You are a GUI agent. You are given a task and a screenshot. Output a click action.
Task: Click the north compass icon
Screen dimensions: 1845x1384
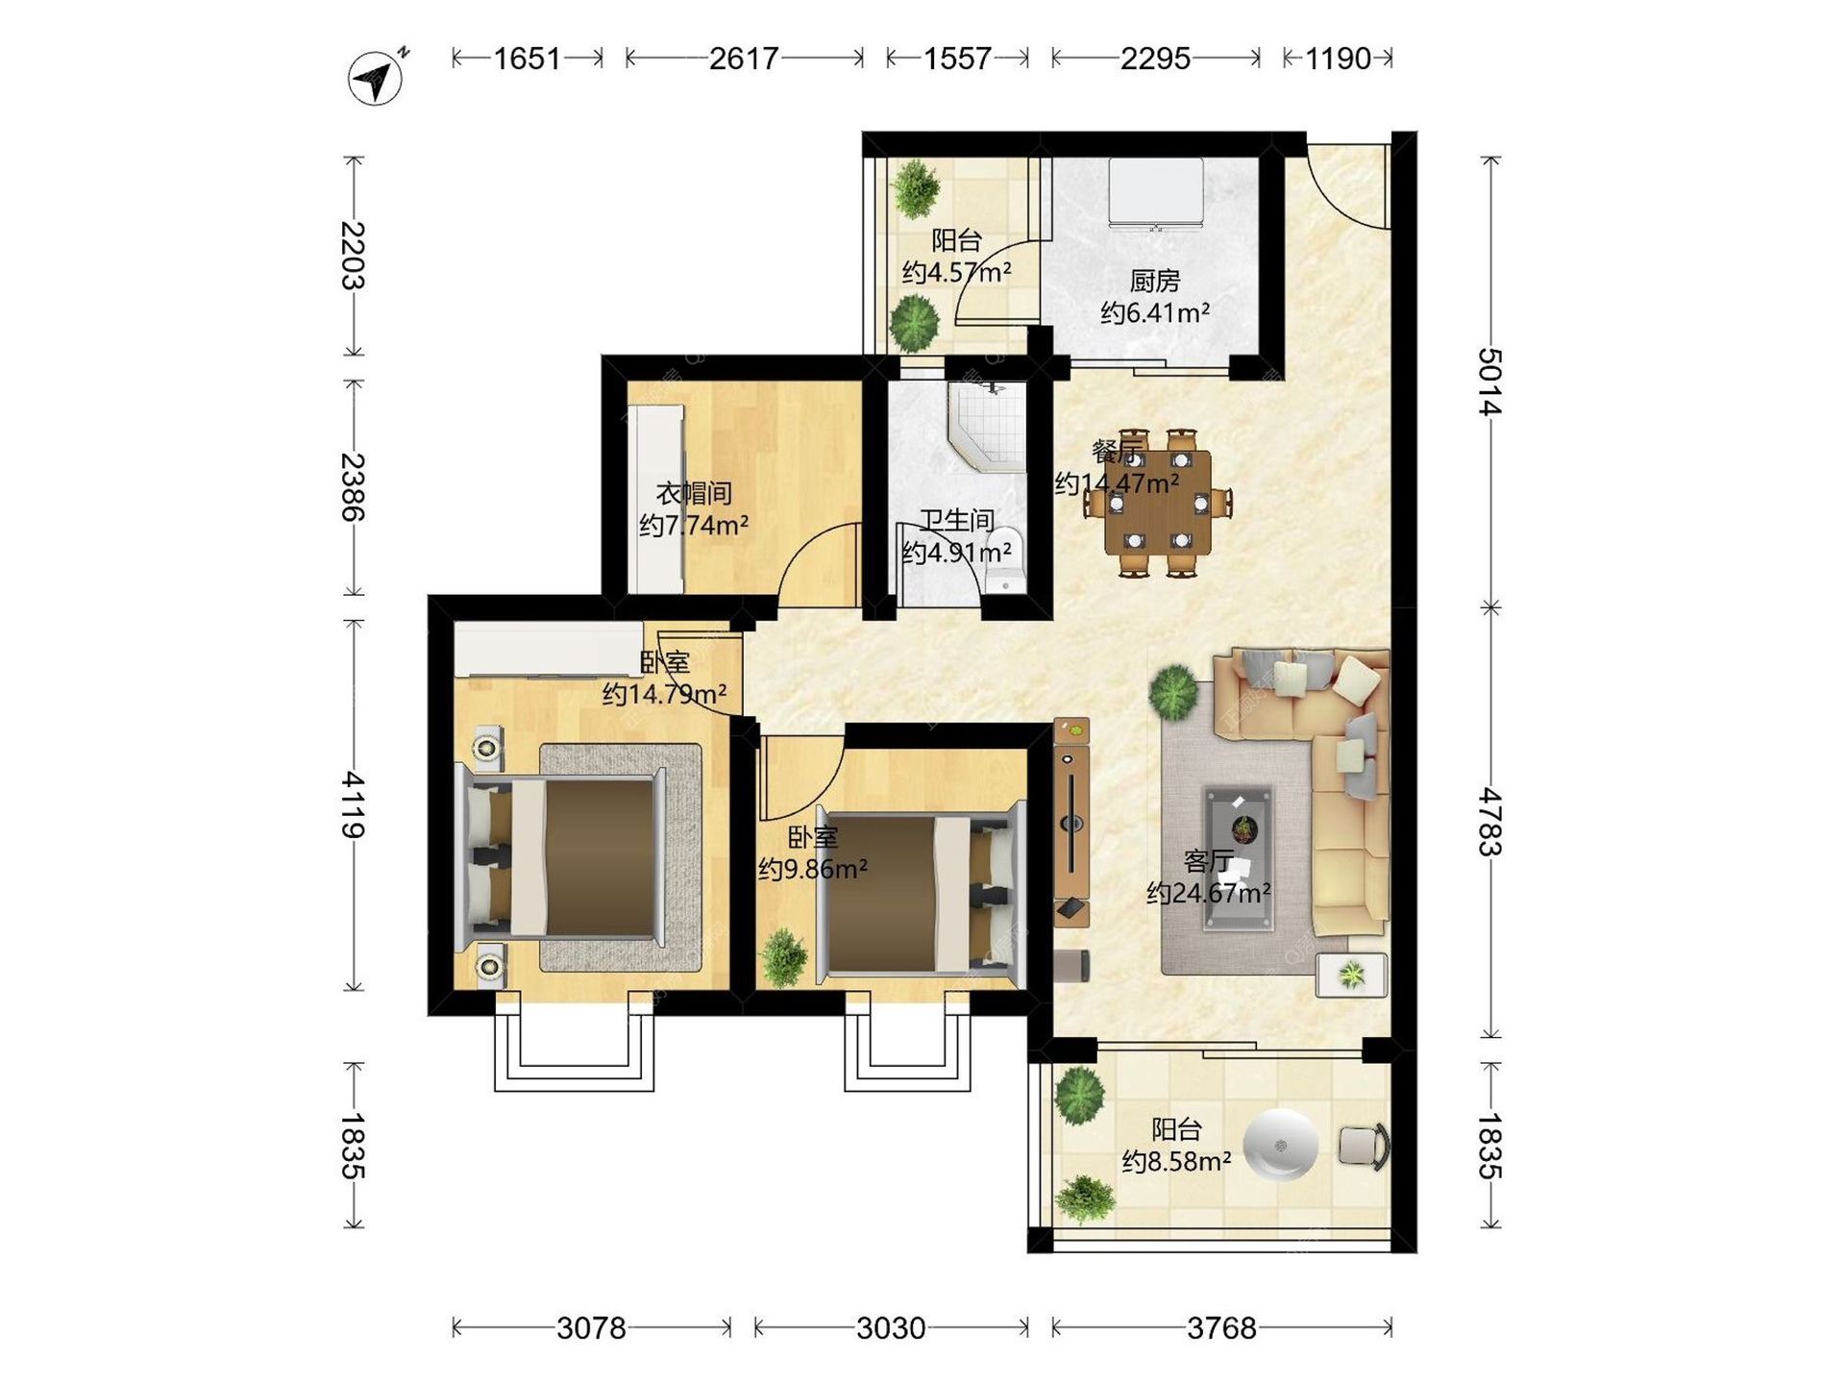pos(376,76)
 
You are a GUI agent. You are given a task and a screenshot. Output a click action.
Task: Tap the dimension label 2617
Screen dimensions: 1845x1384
pos(743,59)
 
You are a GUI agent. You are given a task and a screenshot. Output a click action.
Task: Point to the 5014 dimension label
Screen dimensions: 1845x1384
pos(1488,382)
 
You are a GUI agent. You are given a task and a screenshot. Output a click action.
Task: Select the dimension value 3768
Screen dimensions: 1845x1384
pos(1221,1328)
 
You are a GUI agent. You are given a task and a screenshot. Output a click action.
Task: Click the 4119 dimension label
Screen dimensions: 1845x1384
pos(353,804)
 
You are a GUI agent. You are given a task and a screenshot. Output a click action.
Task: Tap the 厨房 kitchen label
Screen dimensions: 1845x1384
pos(1154,281)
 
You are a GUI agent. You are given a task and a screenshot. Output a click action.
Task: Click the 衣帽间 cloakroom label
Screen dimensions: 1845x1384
pos(694,494)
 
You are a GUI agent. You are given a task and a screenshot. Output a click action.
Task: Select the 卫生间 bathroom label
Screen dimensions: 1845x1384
pos(957,521)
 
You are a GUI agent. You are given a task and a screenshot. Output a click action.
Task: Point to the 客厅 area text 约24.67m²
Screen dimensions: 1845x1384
pos(1209,893)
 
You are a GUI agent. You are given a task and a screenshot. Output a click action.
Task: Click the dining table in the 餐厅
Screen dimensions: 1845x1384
pos(1158,503)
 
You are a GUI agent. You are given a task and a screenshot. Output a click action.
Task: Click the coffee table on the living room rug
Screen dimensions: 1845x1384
pos(1241,858)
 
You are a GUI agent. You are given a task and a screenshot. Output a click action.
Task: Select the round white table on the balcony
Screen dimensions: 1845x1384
pos(1280,1145)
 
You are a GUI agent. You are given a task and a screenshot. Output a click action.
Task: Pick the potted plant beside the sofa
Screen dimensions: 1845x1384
pos(1173,692)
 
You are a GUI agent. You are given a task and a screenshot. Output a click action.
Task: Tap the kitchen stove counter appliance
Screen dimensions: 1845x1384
pos(1155,194)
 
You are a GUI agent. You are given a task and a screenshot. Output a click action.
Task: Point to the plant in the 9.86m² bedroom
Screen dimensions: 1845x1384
pos(785,956)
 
